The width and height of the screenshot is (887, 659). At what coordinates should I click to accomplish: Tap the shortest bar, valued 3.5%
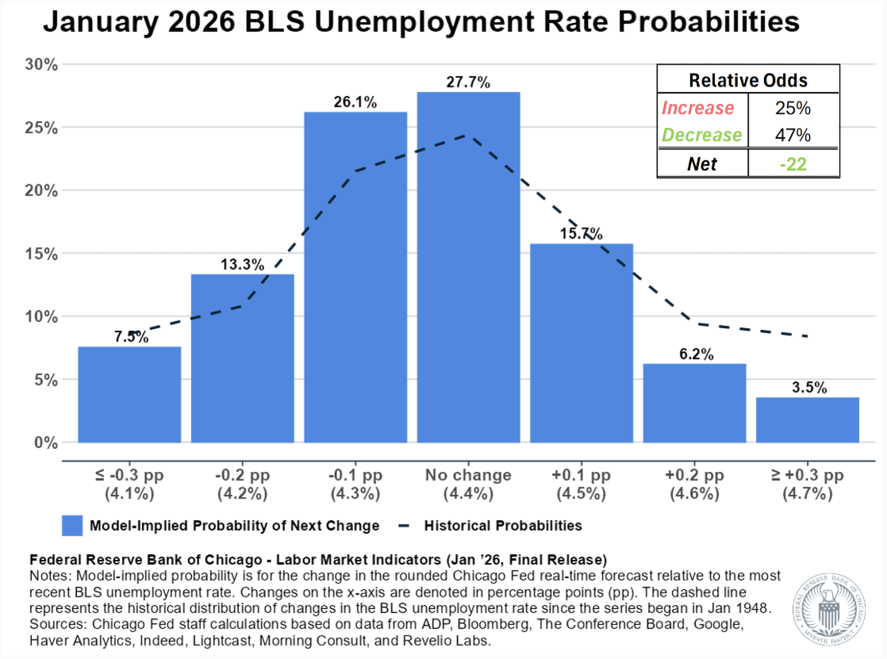coord(807,420)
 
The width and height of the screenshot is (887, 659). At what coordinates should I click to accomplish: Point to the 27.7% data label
coord(468,82)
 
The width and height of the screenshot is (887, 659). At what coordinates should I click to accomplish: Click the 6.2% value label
coord(694,354)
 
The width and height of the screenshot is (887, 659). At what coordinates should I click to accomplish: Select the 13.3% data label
coord(243,265)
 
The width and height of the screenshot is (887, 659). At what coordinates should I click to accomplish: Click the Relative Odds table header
coord(747,80)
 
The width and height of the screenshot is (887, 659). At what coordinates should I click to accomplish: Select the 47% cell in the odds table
coord(793,135)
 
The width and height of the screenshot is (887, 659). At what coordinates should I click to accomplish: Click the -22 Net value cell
coord(793,163)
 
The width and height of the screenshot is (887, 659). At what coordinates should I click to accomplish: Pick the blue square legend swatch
coord(72,525)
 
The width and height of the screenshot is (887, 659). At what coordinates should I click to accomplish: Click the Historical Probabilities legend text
coord(503,525)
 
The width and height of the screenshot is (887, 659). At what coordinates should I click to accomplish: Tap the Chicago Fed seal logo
coord(834,605)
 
